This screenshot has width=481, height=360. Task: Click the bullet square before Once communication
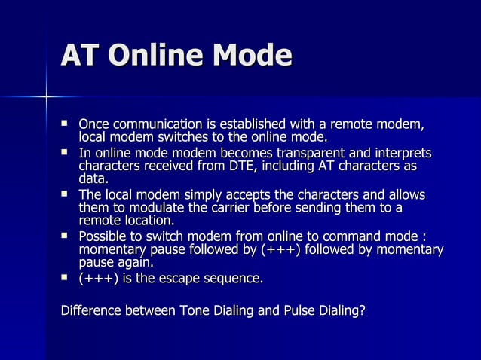66,124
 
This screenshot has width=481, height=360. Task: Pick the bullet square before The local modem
66,195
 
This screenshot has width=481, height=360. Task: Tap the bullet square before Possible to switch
66,237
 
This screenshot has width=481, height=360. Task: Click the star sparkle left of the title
46,96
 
